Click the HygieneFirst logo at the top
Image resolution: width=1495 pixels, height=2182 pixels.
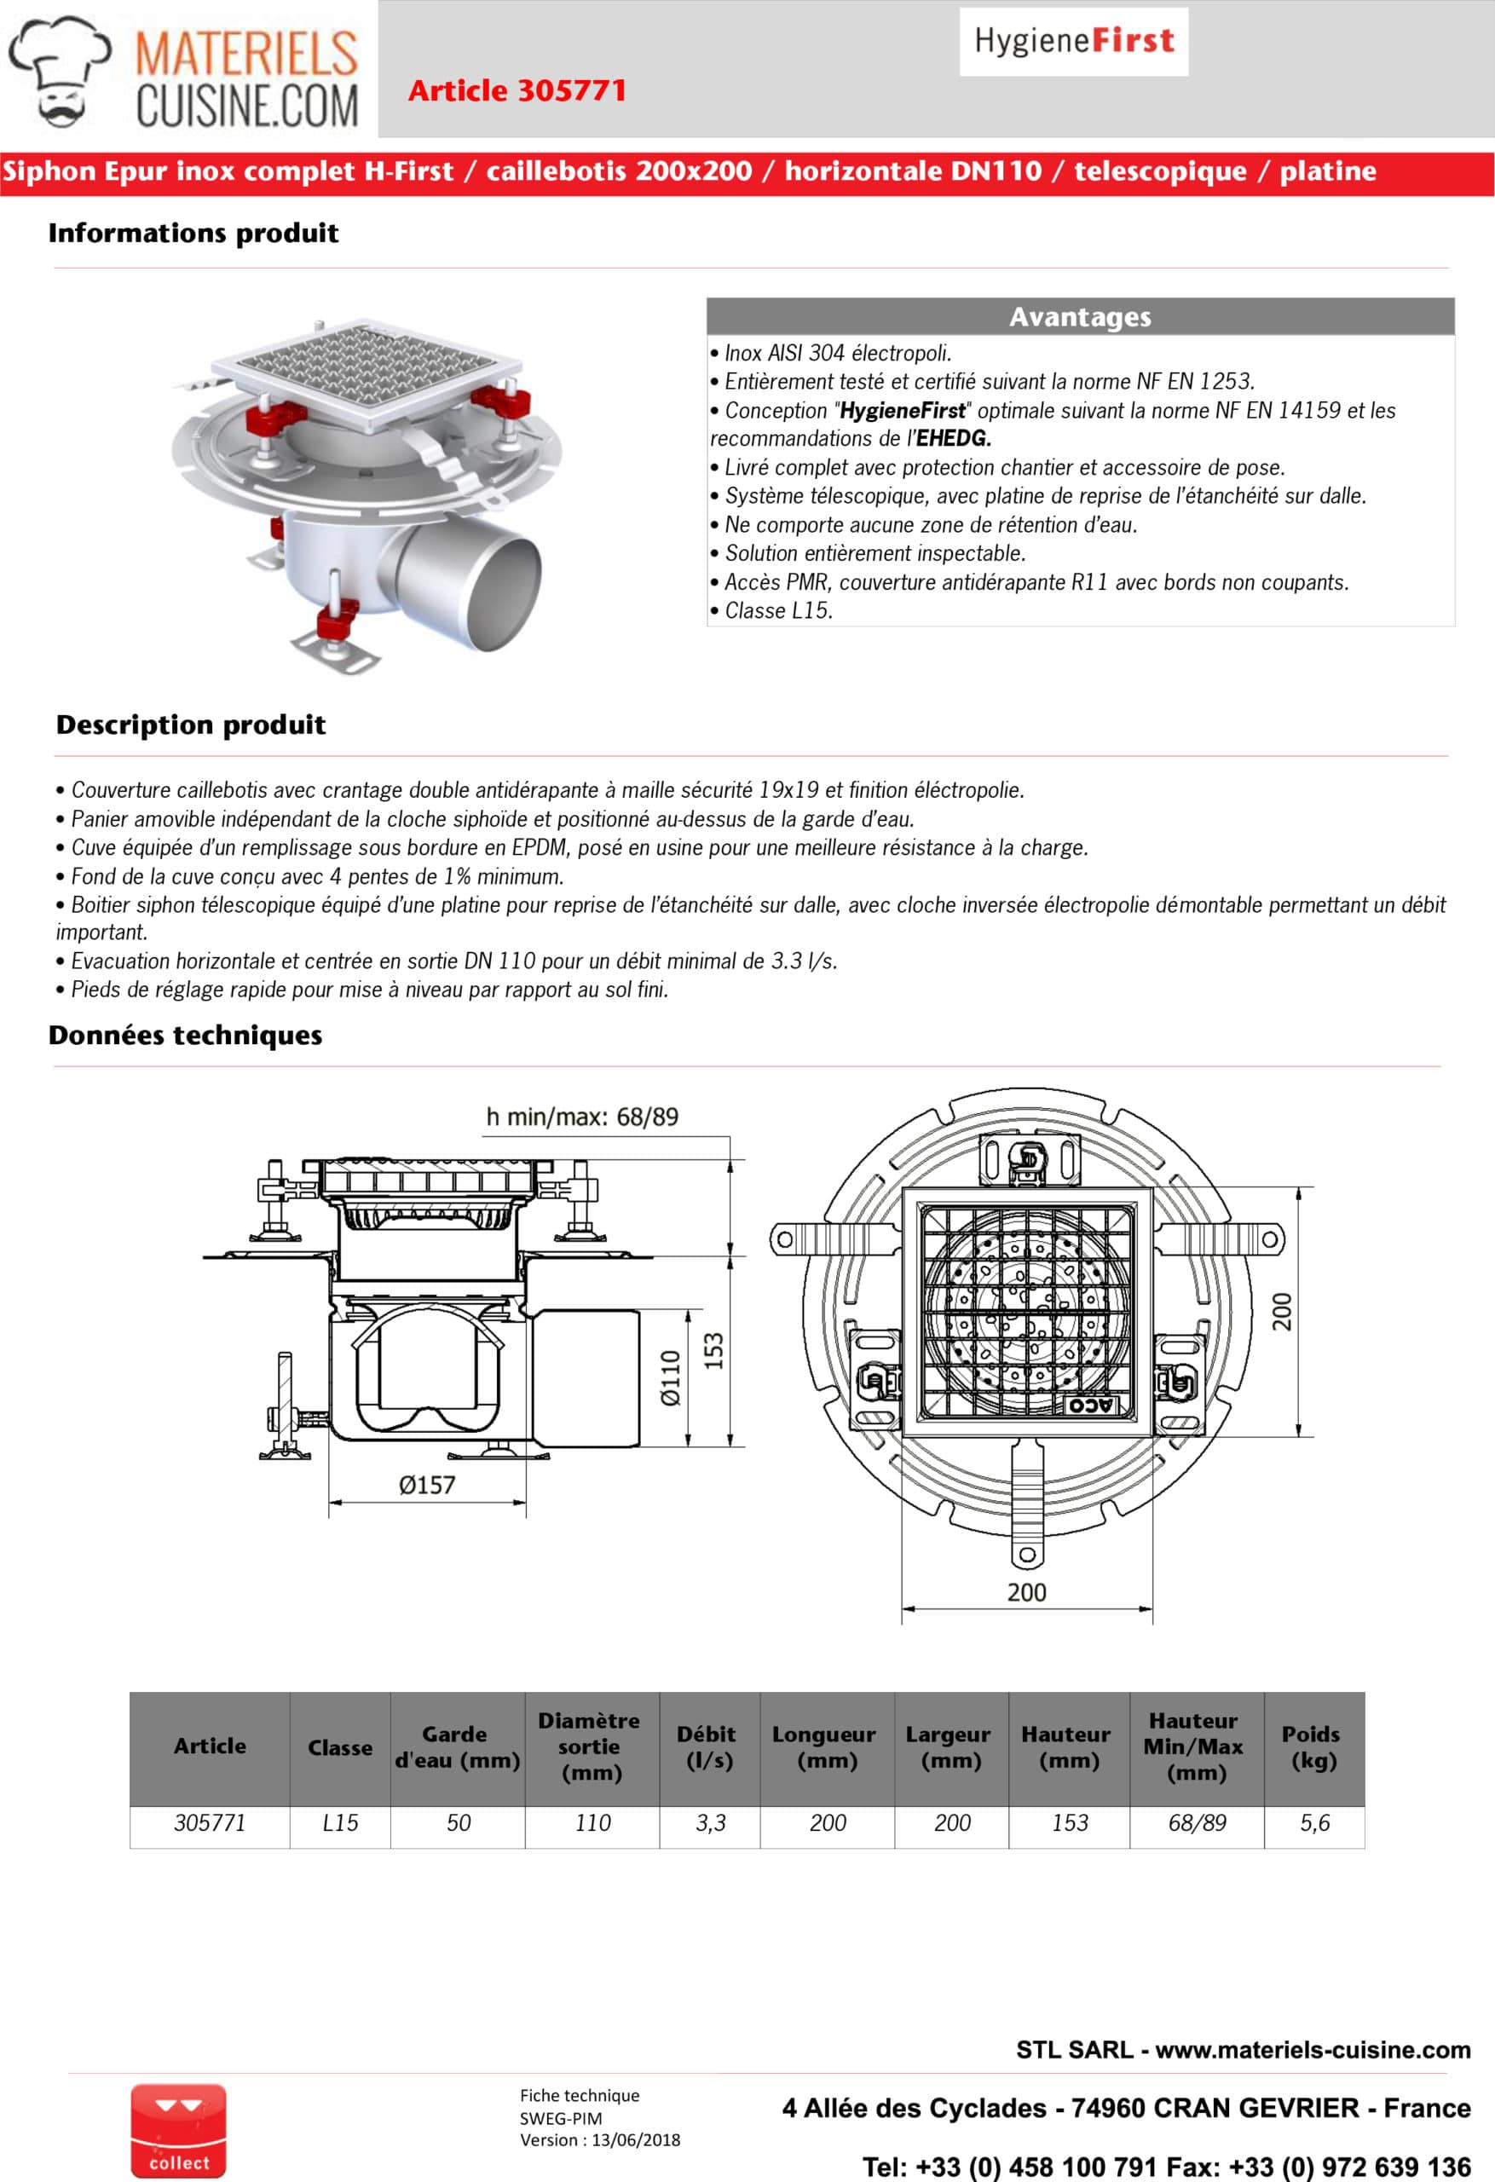tap(1073, 41)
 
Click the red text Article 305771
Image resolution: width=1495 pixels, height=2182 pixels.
tap(517, 91)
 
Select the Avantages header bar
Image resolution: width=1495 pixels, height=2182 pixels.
tap(1080, 316)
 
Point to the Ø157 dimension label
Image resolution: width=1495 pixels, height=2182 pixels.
tap(426, 1485)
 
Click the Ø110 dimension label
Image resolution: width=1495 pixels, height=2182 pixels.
tap(671, 1377)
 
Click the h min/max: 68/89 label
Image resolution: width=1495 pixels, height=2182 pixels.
tap(582, 1117)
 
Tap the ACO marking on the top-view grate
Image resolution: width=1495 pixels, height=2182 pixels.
tap(1091, 1405)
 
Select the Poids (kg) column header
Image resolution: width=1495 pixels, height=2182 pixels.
tap(1313, 1746)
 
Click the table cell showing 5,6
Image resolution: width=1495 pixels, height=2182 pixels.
tap(1314, 1822)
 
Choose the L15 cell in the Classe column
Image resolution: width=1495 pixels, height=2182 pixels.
tap(340, 1822)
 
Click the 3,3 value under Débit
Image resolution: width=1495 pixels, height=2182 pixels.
tap(710, 1822)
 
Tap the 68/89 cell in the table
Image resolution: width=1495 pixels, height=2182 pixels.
tap(1197, 1822)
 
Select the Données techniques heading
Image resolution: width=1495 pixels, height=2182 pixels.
tap(185, 1035)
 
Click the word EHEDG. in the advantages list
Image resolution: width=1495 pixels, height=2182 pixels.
tap(954, 438)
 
